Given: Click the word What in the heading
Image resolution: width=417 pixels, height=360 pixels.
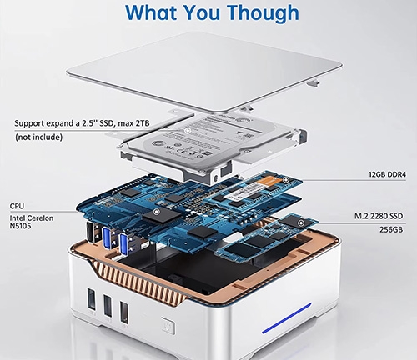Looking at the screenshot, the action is coord(151,12).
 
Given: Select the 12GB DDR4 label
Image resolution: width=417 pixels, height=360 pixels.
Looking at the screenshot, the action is coord(387,174).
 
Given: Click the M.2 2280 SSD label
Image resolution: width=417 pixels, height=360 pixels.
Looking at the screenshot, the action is coord(379,216).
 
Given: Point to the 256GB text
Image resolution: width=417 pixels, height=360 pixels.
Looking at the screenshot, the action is coord(391,229).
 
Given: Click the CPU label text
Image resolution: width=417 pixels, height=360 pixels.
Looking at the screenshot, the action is coord(17,206).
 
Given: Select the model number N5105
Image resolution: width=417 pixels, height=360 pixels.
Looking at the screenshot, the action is coord(20,226).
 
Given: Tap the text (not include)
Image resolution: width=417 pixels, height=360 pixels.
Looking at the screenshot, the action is coord(38,137).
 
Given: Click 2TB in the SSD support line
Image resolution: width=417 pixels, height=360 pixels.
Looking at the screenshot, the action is coord(143,123).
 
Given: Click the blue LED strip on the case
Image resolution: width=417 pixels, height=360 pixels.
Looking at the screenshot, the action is coord(287,318).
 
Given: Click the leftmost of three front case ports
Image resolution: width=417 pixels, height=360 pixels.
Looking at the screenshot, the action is coord(92,298).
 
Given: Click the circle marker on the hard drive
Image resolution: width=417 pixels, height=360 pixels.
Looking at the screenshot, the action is coord(188,130).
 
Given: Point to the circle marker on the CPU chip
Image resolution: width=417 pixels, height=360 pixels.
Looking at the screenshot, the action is coord(156,212).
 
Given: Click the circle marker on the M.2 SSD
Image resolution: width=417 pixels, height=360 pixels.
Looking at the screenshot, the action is coord(300,223).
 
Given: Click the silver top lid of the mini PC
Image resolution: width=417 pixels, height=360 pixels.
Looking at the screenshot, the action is coord(204,72).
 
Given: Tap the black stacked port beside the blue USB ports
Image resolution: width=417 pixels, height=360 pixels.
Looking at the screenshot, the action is coord(93,232).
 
